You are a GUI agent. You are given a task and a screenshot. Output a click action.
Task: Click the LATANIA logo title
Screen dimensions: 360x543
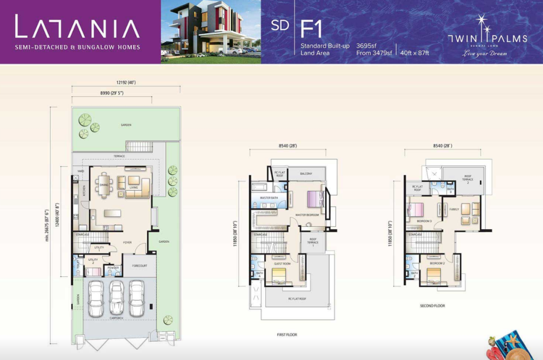[77, 27]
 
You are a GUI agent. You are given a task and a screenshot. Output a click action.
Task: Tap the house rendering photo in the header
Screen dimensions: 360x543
[211, 32]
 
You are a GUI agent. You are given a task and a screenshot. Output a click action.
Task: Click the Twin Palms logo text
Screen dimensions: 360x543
[487, 38]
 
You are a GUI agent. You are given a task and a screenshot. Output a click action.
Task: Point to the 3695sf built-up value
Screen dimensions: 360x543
[366, 45]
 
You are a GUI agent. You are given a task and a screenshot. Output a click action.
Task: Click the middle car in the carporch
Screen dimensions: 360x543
[117, 298]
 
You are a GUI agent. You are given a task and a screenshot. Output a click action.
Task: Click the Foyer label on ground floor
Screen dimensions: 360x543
[128, 242]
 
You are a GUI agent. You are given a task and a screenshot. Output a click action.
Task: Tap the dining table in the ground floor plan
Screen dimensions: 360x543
[103, 186]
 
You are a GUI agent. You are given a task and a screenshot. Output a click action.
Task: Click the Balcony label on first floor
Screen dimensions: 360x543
[306, 173]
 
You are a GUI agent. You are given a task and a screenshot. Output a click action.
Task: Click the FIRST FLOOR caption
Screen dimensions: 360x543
[287, 335]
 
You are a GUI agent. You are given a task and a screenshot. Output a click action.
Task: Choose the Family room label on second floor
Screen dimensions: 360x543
[454, 209]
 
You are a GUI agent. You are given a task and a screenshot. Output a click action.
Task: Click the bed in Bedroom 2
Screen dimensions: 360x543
[434, 276]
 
